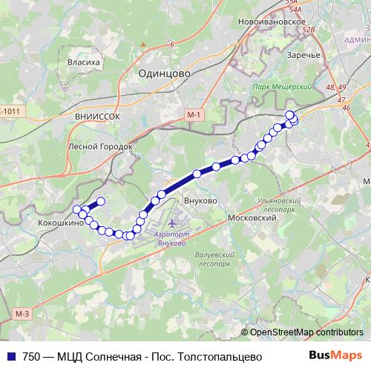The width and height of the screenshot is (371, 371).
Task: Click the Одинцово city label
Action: point(164,74)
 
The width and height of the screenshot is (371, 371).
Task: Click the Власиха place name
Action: point(83,63)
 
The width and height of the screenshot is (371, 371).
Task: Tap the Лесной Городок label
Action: point(99,147)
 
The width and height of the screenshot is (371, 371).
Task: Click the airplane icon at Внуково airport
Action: point(173,223)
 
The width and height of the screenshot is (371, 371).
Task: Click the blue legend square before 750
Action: point(11,356)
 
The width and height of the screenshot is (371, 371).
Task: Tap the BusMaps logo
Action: point(332,355)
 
